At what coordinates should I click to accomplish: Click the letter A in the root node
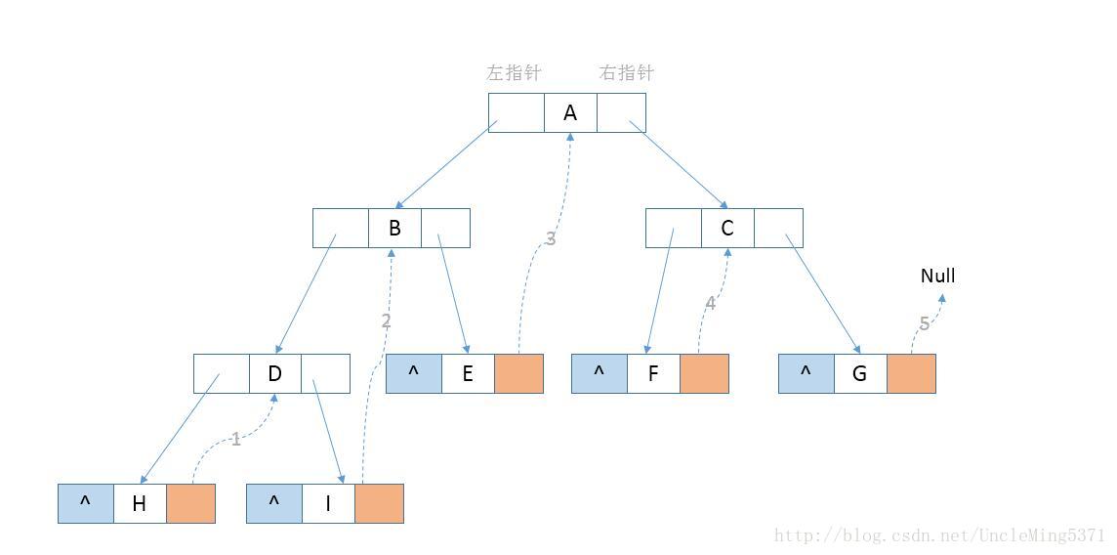[570, 112]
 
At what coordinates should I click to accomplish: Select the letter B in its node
[394, 229]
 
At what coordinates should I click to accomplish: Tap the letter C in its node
[727, 229]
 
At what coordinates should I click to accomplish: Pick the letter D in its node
[274, 373]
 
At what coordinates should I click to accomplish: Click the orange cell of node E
[518, 373]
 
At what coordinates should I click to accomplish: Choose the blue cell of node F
[599, 373]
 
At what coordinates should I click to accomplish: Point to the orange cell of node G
[911, 373]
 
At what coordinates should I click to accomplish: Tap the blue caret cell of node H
[85, 503]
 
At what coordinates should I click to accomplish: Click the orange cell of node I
[379, 503]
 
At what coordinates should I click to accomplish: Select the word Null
[937, 276]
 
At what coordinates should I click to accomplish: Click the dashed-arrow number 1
[235, 440]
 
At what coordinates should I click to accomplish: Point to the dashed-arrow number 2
[386, 320]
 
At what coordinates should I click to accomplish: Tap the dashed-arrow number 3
[551, 238]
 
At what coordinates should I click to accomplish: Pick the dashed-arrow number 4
[710, 303]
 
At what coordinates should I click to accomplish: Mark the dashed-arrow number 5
[924, 323]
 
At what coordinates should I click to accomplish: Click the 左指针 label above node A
[514, 72]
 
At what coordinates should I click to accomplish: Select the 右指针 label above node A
[626, 72]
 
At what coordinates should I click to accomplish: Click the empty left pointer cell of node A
[516, 112]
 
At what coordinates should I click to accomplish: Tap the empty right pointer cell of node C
[778, 229]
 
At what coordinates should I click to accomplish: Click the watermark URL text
[938, 535]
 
